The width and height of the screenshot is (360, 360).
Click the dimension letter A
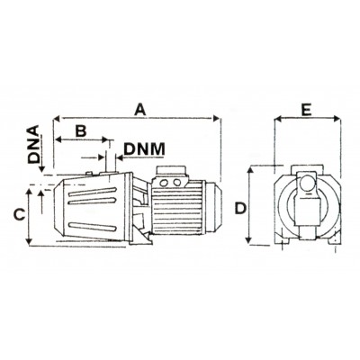click(x=139, y=109)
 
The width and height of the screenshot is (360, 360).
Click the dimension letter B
click(x=80, y=130)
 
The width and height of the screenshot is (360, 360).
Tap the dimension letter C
click(x=20, y=215)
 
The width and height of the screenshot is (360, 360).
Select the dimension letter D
click(x=240, y=209)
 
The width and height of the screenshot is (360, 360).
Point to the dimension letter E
click(x=306, y=110)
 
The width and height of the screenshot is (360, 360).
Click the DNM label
click(x=144, y=149)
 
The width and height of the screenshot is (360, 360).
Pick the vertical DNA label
click(x=34, y=144)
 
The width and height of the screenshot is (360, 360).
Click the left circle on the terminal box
click(x=165, y=183)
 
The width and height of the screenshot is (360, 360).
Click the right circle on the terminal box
click(x=177, y=183)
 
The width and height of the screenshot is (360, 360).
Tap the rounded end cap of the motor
click(x=214, y=207)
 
